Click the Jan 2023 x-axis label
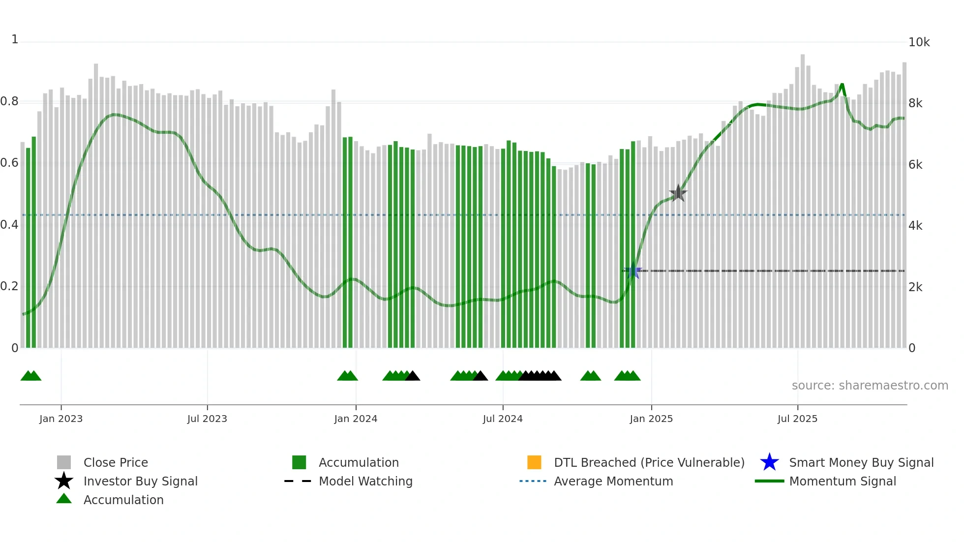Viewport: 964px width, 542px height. tap(61, 419)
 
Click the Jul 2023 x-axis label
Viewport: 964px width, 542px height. tap(207, 419)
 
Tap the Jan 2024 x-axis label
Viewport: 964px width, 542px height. tap(356, 419)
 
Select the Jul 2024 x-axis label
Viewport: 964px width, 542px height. tap(503, 419)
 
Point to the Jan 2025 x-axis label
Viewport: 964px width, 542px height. tap(651, 419)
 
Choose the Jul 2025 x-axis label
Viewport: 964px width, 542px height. tap(797, 419)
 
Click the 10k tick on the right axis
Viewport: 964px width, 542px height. tap(919, 42)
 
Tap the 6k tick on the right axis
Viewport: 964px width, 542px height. tap(915, 165)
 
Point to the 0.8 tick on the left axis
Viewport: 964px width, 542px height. tap(9, 102)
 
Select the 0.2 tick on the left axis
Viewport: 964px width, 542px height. tap(9, 287)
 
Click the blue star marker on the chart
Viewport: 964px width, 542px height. tap(633, 271)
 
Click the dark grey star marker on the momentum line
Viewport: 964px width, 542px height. tap(678, 193)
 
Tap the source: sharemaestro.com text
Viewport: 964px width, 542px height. tap(870, 386)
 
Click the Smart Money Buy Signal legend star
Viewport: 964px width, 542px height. tap(769, 462)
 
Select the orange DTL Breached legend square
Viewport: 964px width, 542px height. tap(534, 462)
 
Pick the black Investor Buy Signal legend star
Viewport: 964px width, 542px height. tap(64, 481)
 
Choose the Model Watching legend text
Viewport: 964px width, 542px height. tap(365, 482)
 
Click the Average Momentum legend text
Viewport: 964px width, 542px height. tap(613, 482)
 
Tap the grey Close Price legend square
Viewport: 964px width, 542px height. tap(64, 462)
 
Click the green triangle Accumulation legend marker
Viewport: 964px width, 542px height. tap(64, 499)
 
